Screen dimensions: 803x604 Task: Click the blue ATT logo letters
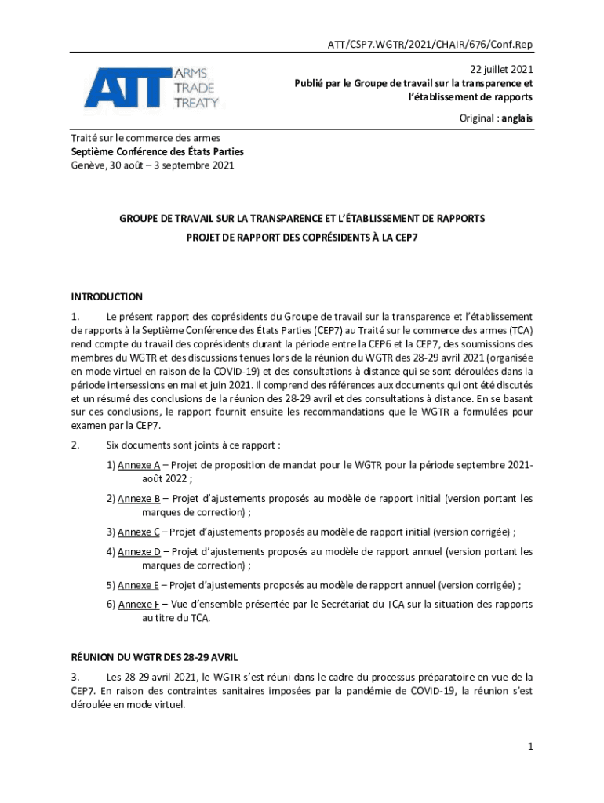127,87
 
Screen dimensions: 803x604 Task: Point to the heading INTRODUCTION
107,297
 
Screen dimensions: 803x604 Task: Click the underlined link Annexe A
139,465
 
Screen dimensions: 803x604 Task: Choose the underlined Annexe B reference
139,498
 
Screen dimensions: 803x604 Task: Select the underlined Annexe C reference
139,531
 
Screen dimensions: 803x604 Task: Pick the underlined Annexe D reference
139,551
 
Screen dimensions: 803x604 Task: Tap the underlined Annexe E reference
139,584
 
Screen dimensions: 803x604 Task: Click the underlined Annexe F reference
139,605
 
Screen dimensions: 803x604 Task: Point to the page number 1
530,747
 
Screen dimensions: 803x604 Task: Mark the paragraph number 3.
75,676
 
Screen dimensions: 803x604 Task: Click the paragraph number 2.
75,445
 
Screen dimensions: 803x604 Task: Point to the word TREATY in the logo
197,101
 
